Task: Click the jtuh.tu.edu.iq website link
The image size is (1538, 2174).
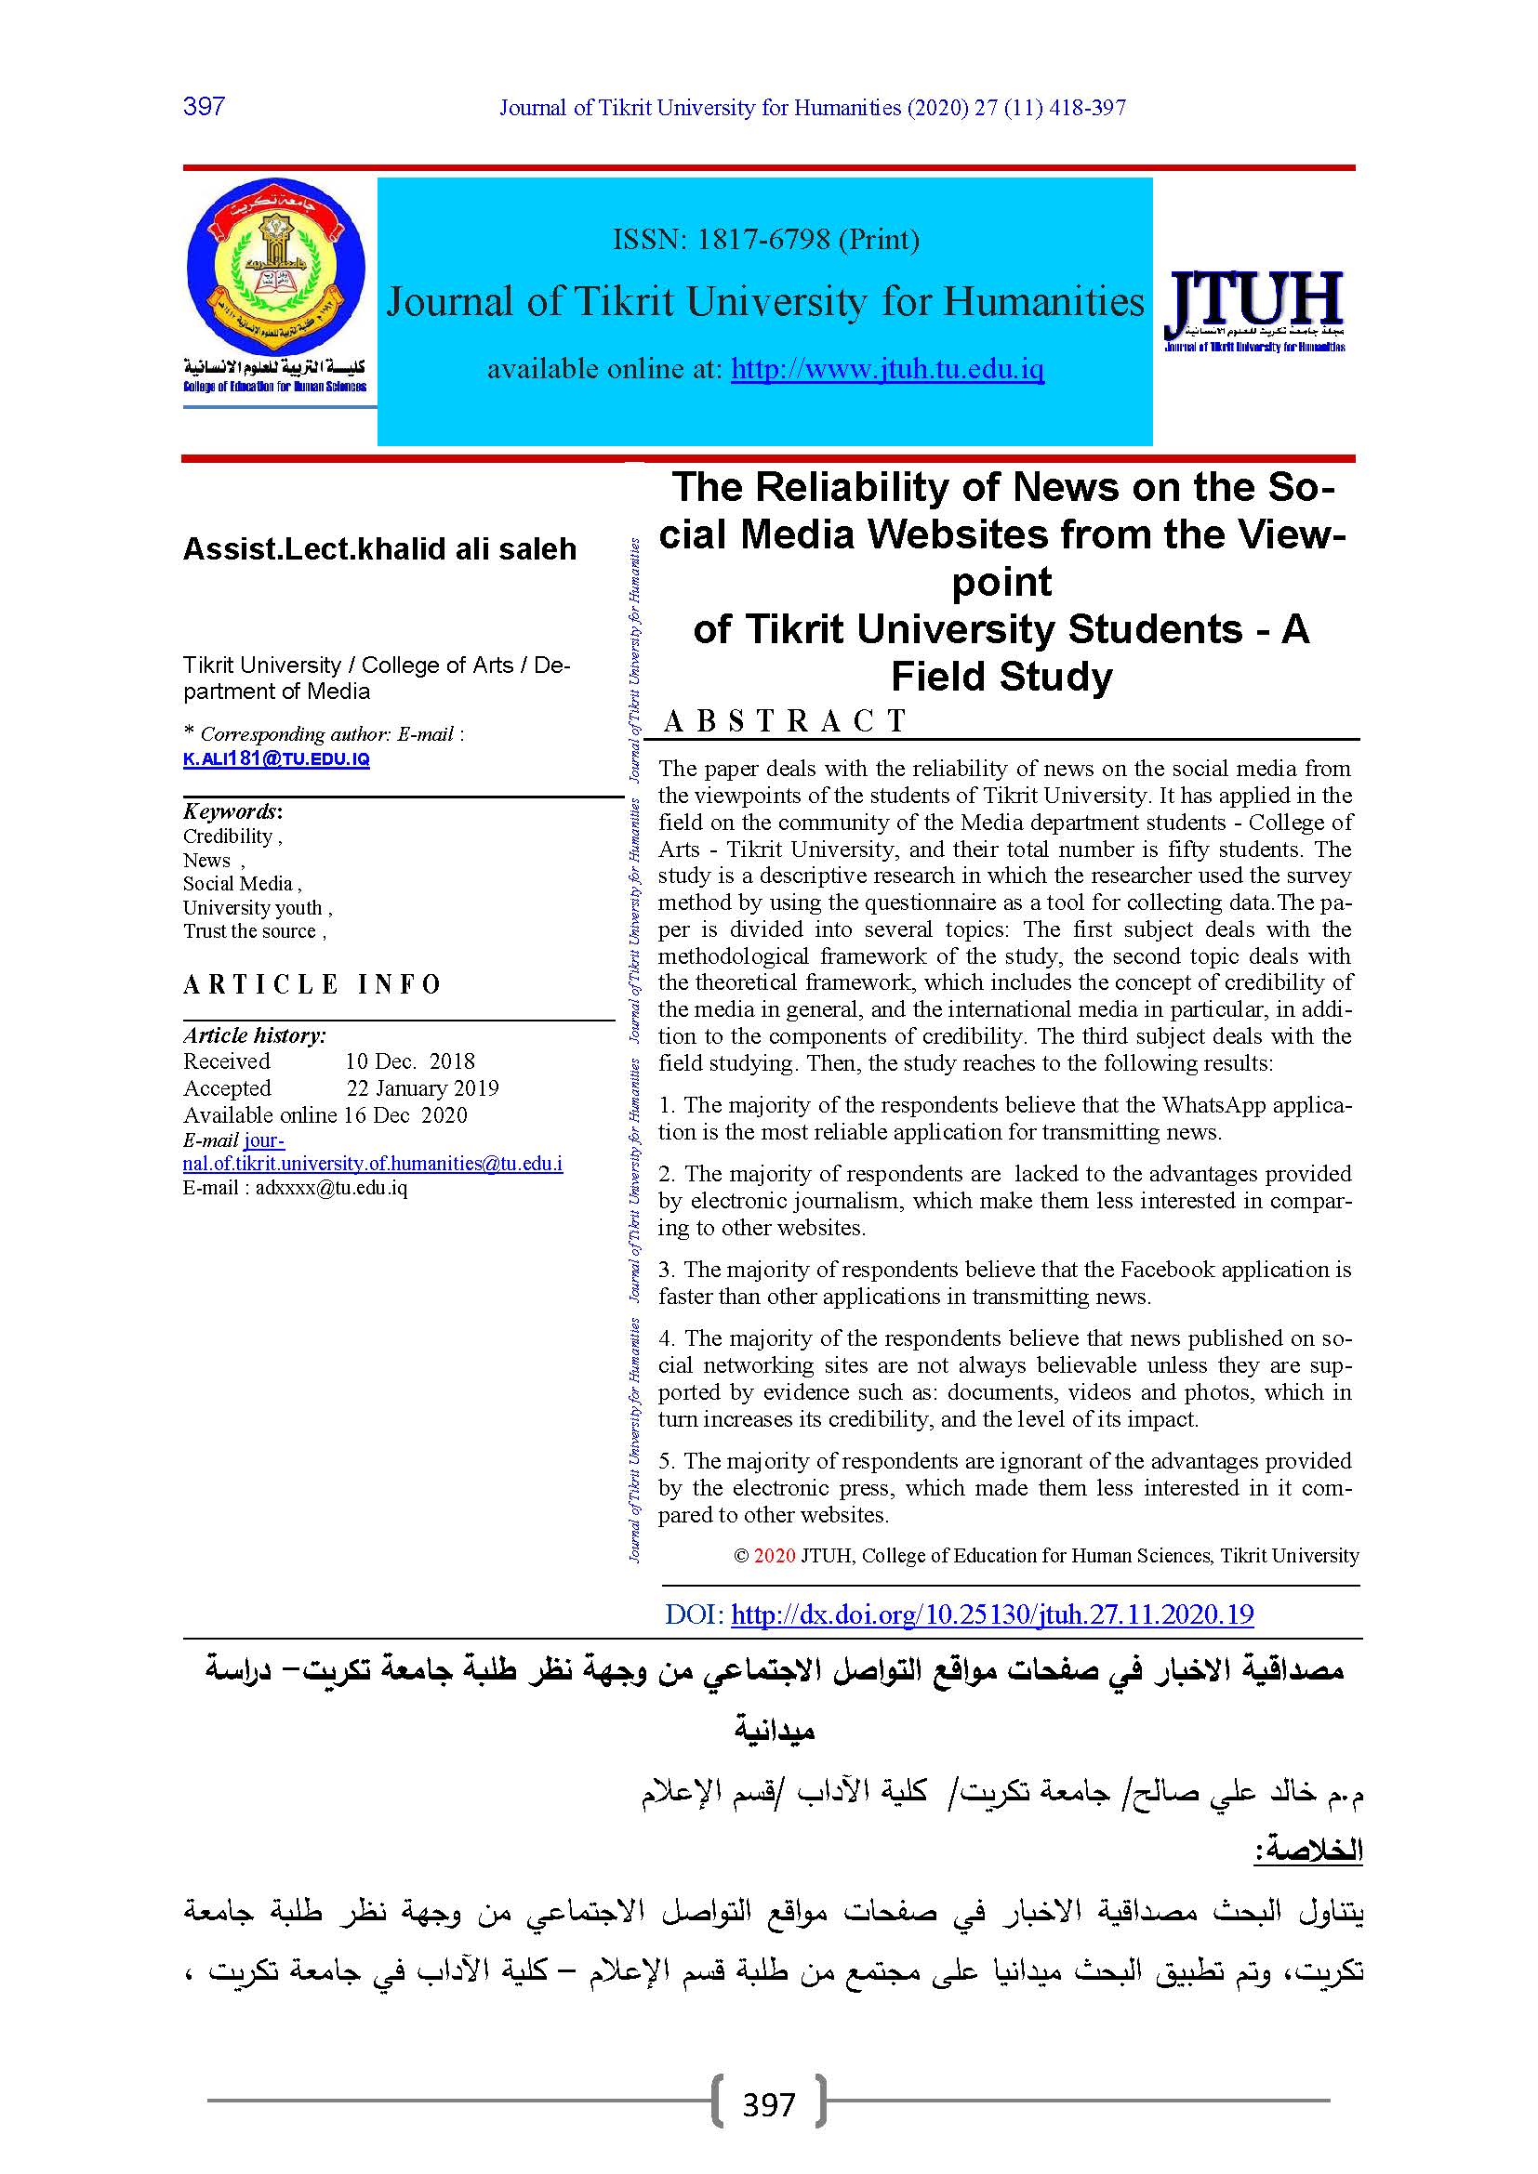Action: pyautogui.click(x=887, y=368)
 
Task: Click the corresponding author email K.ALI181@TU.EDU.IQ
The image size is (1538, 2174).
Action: pyautogui.click(x=275, y=759)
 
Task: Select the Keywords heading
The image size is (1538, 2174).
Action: pyautogui.click(x=232, y=811)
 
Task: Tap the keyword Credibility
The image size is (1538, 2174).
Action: pyautogui.click(x=228, y=837)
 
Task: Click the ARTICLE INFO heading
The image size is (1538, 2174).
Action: pyautogui.click(x=312, y=984)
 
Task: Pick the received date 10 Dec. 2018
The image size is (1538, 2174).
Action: pyautogui.click(x=410, y=1061)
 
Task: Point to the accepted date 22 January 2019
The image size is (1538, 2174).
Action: pyautogui.click(x=422, y=1088)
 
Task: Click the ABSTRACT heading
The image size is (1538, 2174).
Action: pyautogui.click(x=785, y=720)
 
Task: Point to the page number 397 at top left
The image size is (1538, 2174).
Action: pyautogui.click(x=204, y=106)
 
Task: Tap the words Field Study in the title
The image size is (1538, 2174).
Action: pyautogui.click(x=1002, y=676)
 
